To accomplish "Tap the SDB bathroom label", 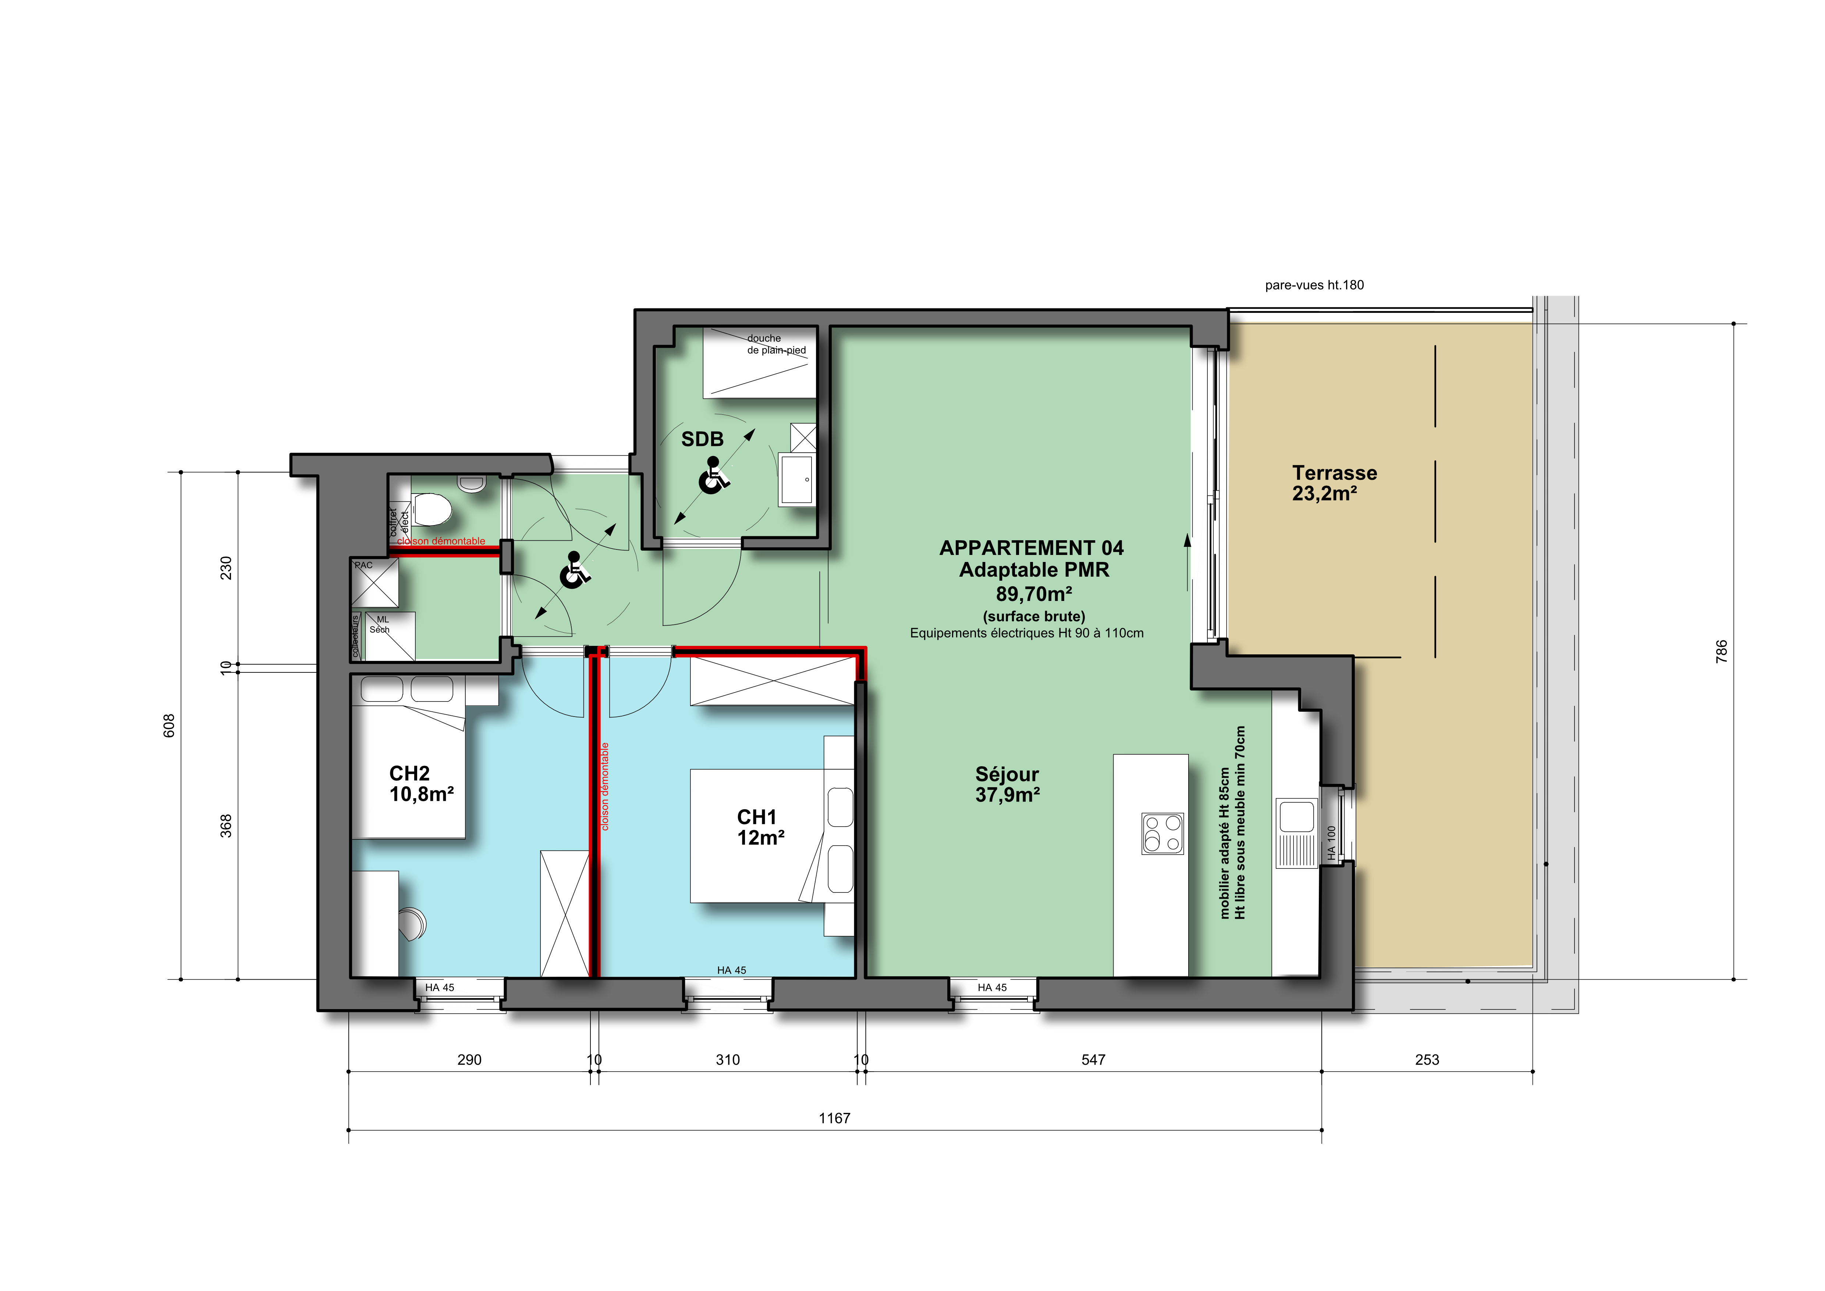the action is [x=703, y=439].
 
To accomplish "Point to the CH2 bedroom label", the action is [x=421, y=784].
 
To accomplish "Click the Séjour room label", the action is [x=1007, y=785].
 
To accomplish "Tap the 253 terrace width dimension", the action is [x=1428, y=1060].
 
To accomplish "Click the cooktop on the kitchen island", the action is [x=1162, y=833].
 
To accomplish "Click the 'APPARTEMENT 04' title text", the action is [x=1032, y=548].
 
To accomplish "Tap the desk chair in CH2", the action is [x=413, y=924].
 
